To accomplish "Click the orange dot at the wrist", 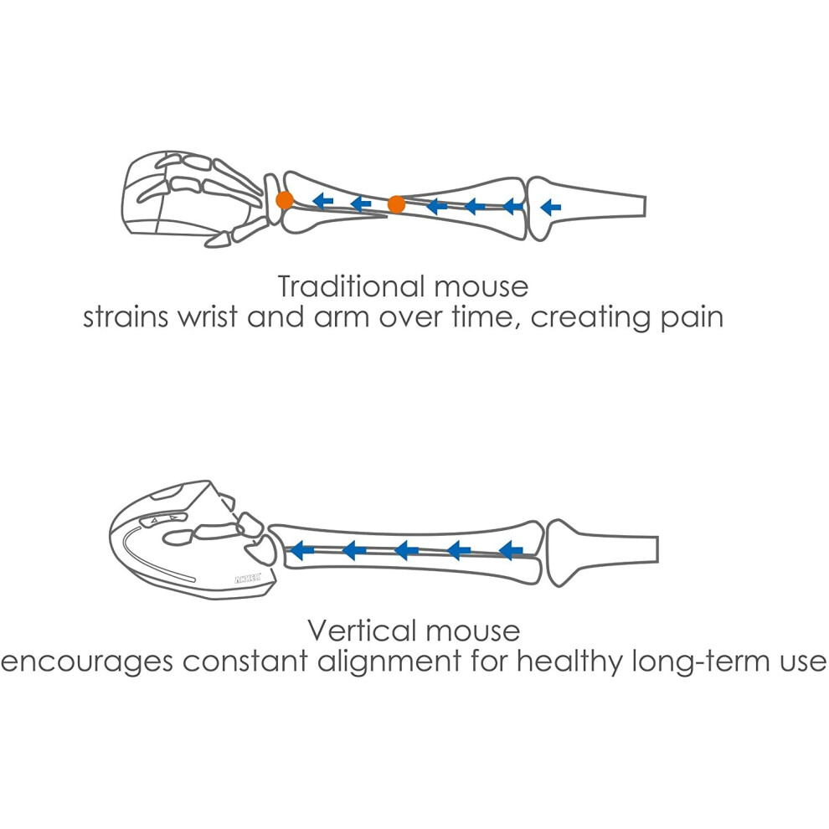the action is click(285, 200).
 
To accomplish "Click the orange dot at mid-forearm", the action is click(396, 204).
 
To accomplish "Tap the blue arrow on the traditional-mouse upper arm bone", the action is click(550, 208).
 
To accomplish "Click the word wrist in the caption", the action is click(207, 317).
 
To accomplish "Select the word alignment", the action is click(389, 662).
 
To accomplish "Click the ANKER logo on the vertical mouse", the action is click(247, 579).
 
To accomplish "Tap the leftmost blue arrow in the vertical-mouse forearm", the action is click(302, 550).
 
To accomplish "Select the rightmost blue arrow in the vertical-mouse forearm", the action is click(511, 550).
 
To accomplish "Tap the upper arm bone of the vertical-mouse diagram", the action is click(602, 552).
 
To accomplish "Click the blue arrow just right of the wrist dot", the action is click(322, 200).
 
